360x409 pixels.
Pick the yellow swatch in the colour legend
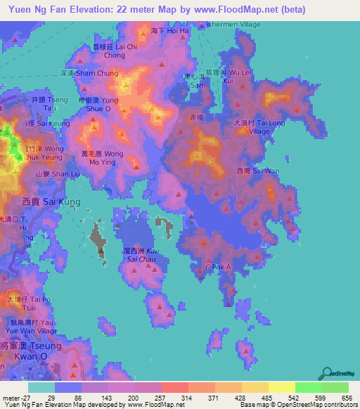coord(282,387)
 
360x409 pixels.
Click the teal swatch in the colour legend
coord(41,387)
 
